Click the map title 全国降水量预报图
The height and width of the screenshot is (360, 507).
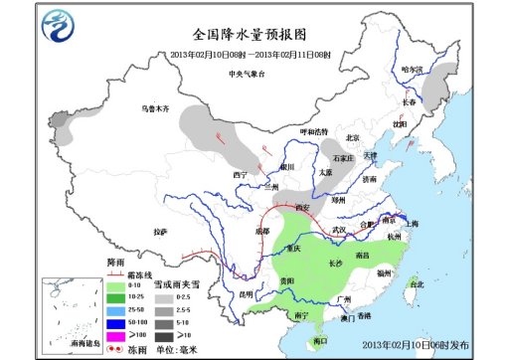tap(255, 37)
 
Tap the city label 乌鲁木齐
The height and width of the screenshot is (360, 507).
tap(155, 107)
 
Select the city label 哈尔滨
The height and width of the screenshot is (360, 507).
tap(411, 70)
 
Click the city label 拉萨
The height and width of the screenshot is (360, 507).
tap(160, 231)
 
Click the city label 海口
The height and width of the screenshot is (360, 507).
tap(319, 340)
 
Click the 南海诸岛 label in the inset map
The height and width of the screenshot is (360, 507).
tap(71, 339)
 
